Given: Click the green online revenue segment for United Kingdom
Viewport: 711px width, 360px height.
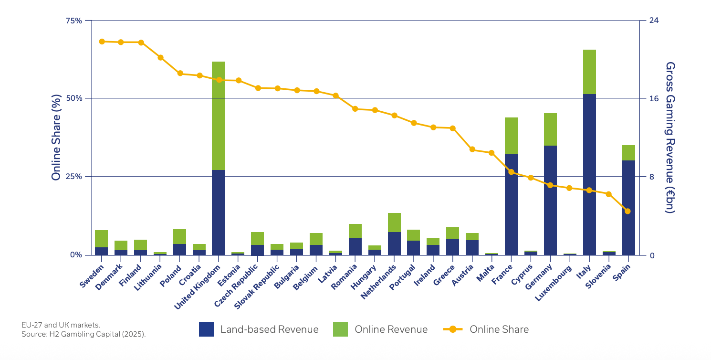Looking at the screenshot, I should point(218,116).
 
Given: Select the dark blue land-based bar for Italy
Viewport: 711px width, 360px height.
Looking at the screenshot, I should point(589,174).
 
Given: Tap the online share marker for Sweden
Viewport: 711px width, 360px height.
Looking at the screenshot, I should point(102,42).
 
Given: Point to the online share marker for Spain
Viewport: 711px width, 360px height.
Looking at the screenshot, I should point(627,211).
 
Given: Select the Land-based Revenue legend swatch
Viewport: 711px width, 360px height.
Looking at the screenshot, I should point(206,329).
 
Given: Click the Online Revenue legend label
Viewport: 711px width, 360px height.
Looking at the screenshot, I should point(391,329).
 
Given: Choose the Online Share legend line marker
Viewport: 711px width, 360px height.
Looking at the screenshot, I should point(453,329).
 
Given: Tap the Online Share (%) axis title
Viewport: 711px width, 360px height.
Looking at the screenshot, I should point(56,138).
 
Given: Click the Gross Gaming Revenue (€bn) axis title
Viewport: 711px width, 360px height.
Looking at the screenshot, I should point(669,138).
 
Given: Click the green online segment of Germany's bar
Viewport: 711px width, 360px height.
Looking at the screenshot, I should point(550,129).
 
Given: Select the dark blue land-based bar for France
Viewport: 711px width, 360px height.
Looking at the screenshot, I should point(511,204).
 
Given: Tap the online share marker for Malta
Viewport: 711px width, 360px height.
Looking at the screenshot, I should point(491,153).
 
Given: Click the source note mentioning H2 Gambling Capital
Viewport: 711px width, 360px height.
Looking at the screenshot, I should point(84,334).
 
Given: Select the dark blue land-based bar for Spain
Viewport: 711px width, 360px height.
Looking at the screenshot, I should point(628,208).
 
